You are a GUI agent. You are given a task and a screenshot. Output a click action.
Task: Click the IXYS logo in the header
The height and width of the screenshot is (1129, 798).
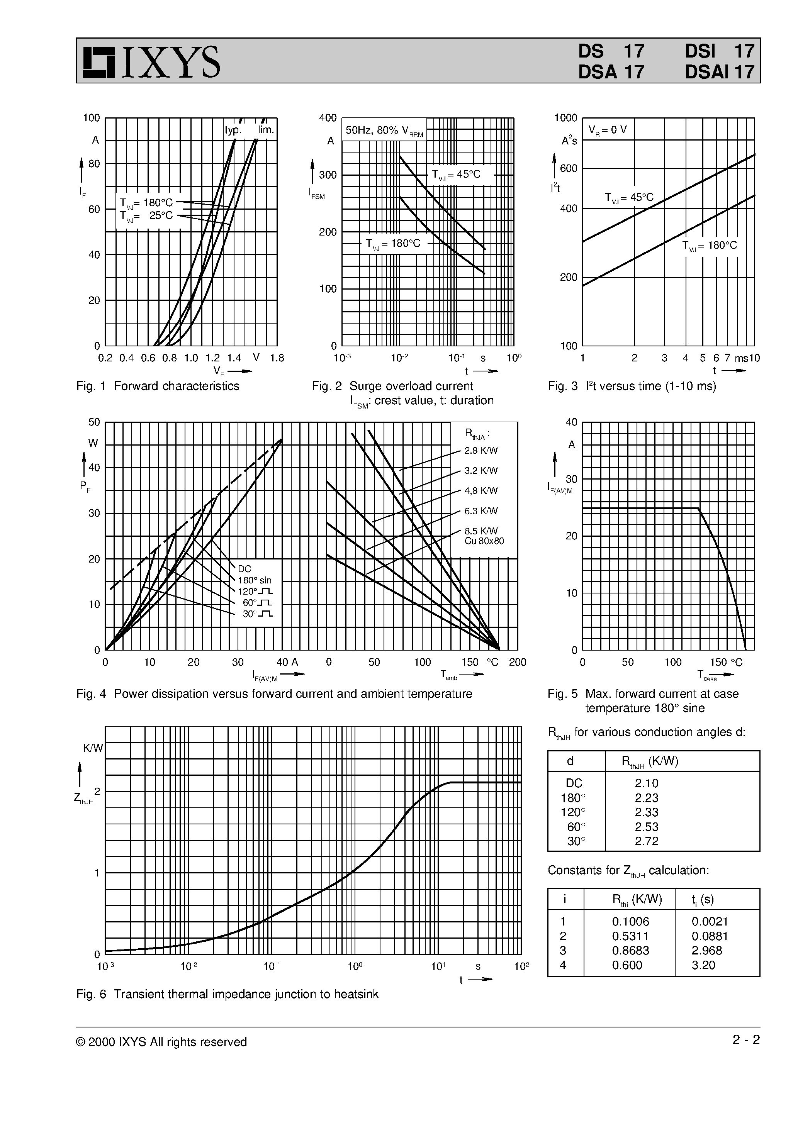[x=151, y=61]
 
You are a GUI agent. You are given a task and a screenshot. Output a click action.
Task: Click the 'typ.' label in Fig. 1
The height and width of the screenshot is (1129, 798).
[x=233, y=130]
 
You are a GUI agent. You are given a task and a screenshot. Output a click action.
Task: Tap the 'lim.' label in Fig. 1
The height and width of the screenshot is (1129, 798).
[x=266, y=130]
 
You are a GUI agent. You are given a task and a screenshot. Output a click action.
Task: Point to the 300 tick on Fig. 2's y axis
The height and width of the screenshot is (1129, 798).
[x=328, y=175]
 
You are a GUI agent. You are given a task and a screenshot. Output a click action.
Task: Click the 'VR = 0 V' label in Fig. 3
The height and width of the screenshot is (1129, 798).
[x=608, y=130]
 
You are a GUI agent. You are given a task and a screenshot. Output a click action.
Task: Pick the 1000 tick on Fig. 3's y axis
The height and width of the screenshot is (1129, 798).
[x=565, y=118]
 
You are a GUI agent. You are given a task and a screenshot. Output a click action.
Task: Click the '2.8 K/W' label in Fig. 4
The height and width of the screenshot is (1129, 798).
[x=480, y=451]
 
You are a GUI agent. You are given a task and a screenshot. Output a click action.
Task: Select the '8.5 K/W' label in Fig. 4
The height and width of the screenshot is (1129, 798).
[x=480, y=531]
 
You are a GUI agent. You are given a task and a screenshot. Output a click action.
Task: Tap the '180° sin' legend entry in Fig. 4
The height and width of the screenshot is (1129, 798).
[x=255, y=580]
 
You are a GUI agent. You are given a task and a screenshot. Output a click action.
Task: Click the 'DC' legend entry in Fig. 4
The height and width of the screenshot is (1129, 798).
[x=244, y=569]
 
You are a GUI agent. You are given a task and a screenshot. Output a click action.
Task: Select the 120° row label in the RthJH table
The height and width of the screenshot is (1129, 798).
[x=573, y=812]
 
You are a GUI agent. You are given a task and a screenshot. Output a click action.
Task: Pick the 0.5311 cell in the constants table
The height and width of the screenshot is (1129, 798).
[x=630, y=936]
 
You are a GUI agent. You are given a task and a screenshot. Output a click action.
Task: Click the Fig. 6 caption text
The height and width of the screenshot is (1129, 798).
[x=227, y=994]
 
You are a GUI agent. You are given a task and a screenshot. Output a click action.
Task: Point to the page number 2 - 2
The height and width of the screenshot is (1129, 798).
[x=746, y=1039]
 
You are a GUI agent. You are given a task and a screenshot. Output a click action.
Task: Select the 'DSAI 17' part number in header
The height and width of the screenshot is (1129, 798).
[x=719, y=72]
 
